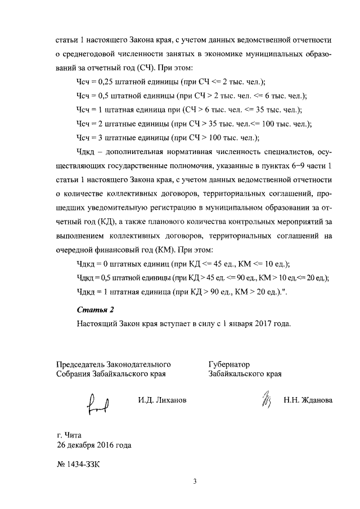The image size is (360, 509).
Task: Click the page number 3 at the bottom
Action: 194,481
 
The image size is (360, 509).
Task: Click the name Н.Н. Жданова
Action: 308,400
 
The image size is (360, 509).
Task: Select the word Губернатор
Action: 229,364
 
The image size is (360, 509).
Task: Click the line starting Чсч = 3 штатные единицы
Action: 167,137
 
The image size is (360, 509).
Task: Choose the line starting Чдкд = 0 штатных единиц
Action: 182,263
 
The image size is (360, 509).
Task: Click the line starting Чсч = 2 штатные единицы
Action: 193,123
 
